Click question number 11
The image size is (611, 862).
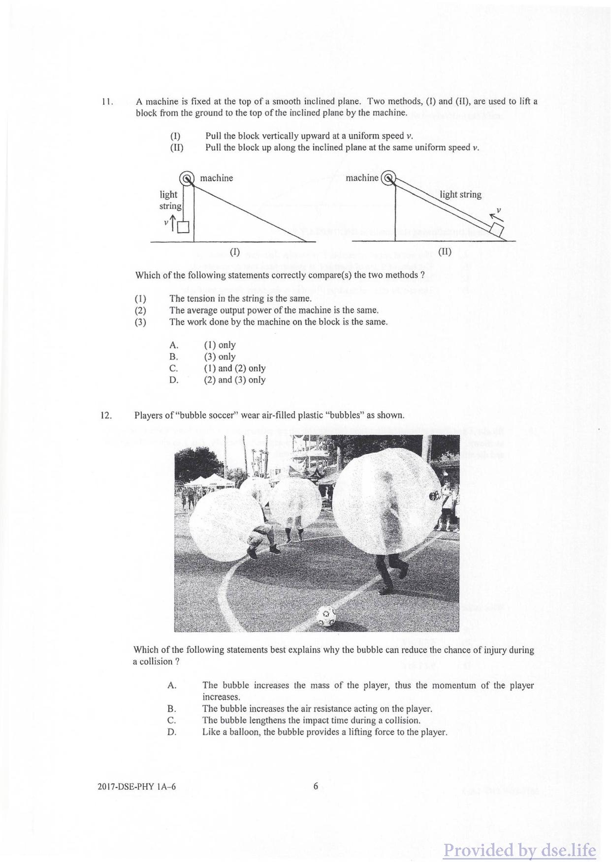coord(107,102)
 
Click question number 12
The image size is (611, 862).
coord(106,416)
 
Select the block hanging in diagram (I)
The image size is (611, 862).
coord(183,227)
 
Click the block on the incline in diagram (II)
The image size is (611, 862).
coord(497,229)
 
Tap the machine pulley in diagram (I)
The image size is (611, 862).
coord(187,178)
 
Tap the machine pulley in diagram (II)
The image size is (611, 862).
coord(388,178)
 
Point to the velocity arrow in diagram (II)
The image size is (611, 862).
coord(495,215)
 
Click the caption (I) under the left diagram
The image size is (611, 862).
coord(235,252)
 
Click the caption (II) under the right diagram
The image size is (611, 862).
coord(445,252)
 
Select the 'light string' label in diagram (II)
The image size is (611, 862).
coord(460,195)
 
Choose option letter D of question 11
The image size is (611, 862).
coord(173,380)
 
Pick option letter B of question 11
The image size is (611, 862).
coord(173,357)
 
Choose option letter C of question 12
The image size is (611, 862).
coord(172,721)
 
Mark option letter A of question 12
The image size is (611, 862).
coord(172,685)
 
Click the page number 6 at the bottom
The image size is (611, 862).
coord(316,786)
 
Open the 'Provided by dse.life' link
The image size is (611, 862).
coord(519,850)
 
